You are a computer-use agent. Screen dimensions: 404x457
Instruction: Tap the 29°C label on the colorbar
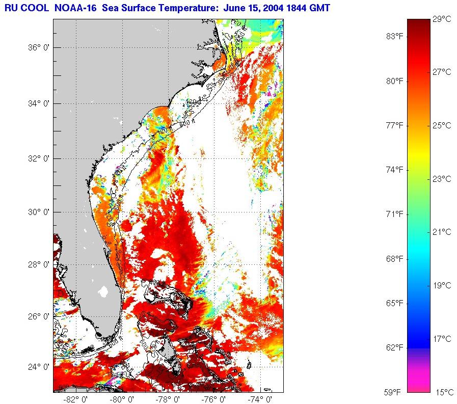tap(442, 19)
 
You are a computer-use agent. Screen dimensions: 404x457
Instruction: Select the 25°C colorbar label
tap(442, 125)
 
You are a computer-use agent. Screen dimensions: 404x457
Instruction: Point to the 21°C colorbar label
tap(442, 232)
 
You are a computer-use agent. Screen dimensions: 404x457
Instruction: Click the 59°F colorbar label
tap(393, 392)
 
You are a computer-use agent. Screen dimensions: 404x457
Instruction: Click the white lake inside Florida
tap(104, 292)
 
